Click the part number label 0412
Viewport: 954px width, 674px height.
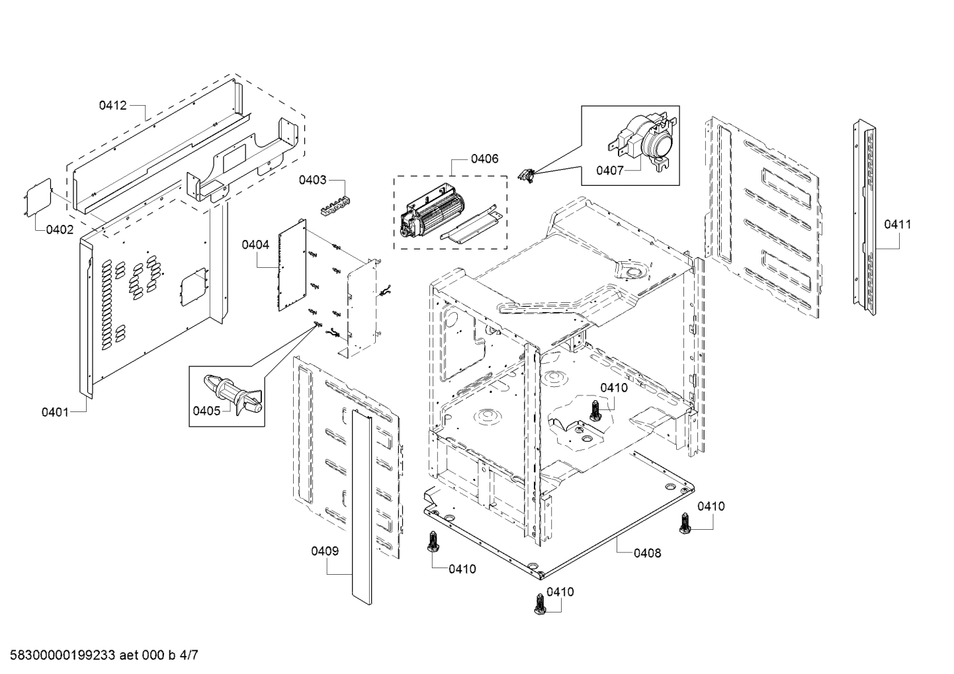[x=113, y=105]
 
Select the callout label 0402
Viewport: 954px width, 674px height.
[x=60, y=230]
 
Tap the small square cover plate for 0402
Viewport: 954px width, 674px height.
[x=37, y=195]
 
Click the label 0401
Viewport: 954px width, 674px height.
[x=56, y=412]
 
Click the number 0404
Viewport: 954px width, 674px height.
[x=255, y=245]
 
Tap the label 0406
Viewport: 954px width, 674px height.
[x=485, y=159]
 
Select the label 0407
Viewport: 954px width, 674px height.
[x=610, y=171]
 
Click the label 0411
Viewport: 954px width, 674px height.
[x=897, y=224]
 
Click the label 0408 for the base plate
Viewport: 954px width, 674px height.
[x=647, y=553]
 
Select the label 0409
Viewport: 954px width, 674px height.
[x=325, y=551]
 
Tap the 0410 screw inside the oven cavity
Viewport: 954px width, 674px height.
[x=595, y=411]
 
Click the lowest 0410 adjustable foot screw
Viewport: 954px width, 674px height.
[x=539, y=604]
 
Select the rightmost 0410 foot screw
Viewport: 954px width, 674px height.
[x=684, y=525]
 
